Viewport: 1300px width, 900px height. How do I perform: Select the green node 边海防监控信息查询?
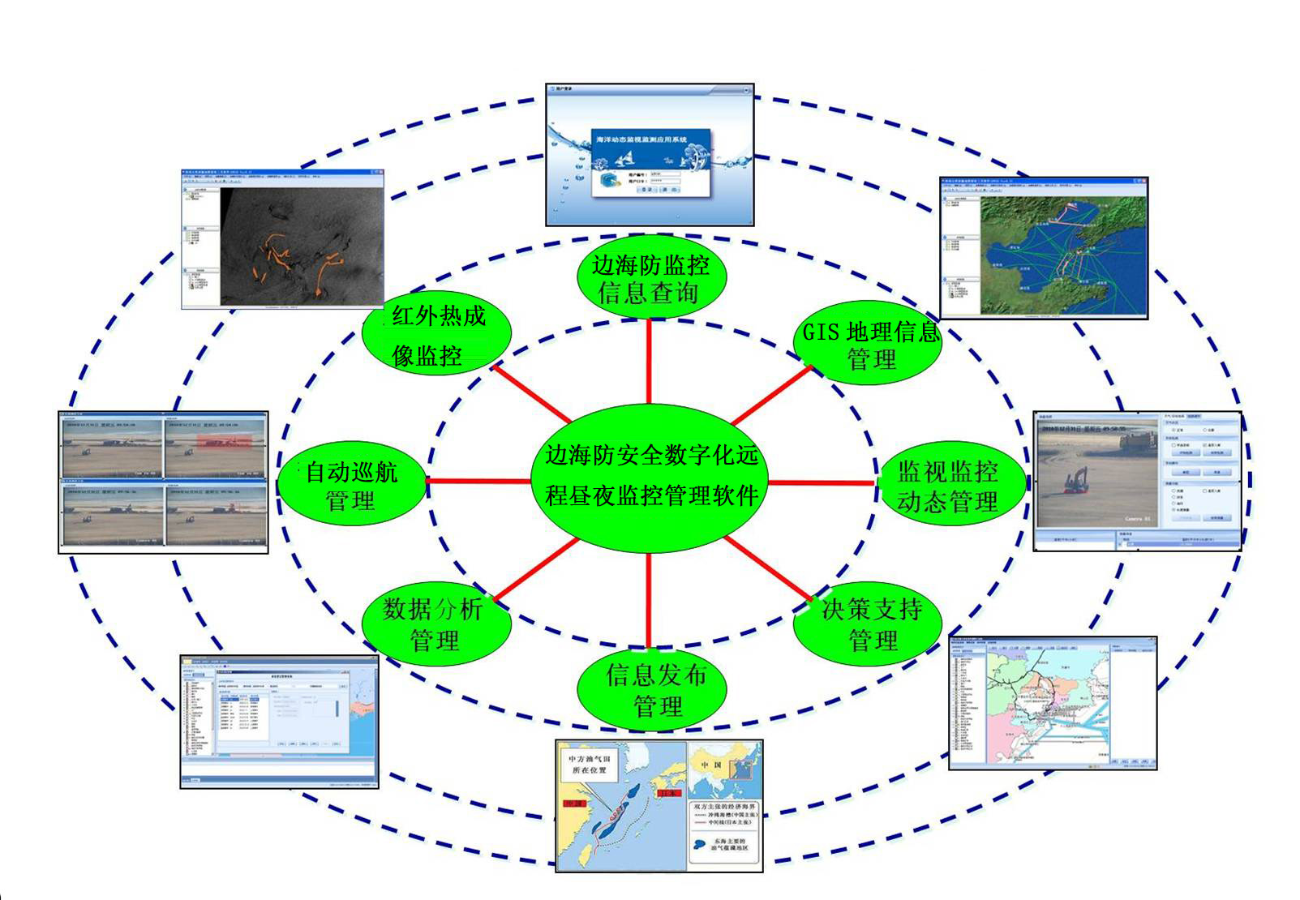click(650, 278)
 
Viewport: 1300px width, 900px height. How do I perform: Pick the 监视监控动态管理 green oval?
click(947, 485)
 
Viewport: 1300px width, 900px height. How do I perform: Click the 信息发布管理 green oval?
click(652, 689)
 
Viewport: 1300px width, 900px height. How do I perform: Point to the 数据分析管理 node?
click(435, 624)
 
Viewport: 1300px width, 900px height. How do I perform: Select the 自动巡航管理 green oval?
click(352, 485)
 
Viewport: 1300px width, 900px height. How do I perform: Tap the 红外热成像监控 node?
click(436, 334)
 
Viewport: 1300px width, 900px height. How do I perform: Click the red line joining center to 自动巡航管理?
click(478, 481)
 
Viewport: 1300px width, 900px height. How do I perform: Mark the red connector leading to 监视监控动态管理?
click(821, 483)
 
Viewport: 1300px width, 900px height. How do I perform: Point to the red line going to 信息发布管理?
click(649, 600)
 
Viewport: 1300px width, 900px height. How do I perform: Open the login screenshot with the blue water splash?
click(650, 155)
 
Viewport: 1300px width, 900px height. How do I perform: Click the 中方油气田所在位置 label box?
click(589, 765)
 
